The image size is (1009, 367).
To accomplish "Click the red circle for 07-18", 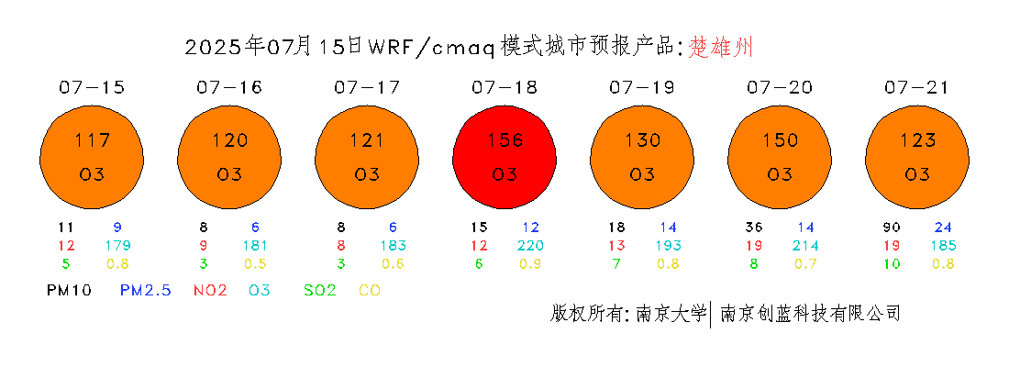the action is [x=504, y=158].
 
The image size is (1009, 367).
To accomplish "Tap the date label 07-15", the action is [x=92, y=87].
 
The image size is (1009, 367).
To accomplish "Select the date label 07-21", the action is [x=916, y=87].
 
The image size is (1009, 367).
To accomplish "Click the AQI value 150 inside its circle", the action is [x=780, y=139].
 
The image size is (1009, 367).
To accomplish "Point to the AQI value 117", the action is [x=92, y=139].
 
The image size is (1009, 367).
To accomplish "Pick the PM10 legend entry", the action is [x=70, y=290].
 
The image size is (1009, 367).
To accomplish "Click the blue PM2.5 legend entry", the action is [x=146, y=290].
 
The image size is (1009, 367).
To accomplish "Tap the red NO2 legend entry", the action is [x=210, y=290].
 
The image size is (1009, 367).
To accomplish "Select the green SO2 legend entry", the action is [x=320, y=290].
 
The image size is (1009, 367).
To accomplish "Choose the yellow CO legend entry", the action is [x=370, y=290].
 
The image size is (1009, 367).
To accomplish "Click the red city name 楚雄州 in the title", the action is [x=721, y=47].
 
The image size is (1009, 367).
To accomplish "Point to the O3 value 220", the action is [x=531, y=245].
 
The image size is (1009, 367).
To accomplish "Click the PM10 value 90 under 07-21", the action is [x=890, y=228].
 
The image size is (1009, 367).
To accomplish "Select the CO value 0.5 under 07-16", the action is [x=256, y=263].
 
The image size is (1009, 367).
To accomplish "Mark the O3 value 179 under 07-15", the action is [x=118, y=245].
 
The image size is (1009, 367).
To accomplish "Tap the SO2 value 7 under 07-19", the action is [x=616, y=263].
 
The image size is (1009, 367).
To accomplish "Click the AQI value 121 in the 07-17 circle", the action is [x=367, y=139].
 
